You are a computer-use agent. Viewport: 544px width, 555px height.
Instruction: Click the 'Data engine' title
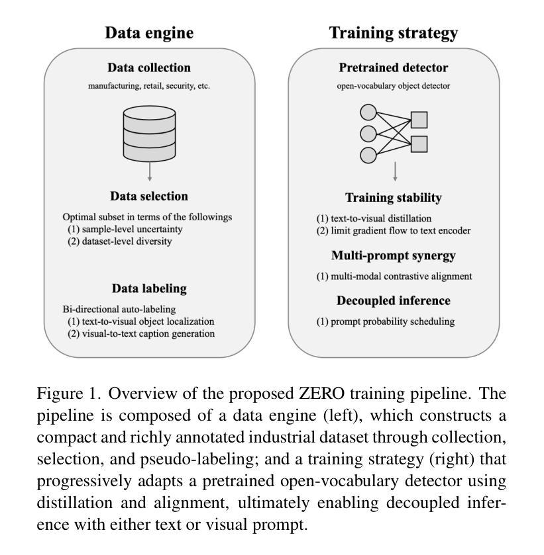149,32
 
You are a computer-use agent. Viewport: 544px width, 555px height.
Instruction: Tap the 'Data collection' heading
149,67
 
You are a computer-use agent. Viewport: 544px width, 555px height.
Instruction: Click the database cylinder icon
150,133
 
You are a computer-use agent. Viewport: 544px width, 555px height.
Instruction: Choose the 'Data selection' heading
149,196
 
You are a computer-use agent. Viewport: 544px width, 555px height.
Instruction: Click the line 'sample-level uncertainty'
130,229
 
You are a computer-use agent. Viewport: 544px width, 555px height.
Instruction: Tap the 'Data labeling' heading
149,288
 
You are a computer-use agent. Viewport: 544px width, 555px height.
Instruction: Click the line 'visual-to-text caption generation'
146,333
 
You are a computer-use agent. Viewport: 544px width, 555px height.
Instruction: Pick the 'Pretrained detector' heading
393,67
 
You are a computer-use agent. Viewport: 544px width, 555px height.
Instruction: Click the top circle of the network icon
368,112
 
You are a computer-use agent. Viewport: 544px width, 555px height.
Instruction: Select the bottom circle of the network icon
368,155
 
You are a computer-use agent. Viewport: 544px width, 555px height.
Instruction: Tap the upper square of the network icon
419,120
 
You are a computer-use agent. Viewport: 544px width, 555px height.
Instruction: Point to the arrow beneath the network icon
395,171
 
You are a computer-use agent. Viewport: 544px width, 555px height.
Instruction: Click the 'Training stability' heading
393,198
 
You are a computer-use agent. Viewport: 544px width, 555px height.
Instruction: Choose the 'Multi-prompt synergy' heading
393,255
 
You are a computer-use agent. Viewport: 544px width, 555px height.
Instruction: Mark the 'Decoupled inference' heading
393,300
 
